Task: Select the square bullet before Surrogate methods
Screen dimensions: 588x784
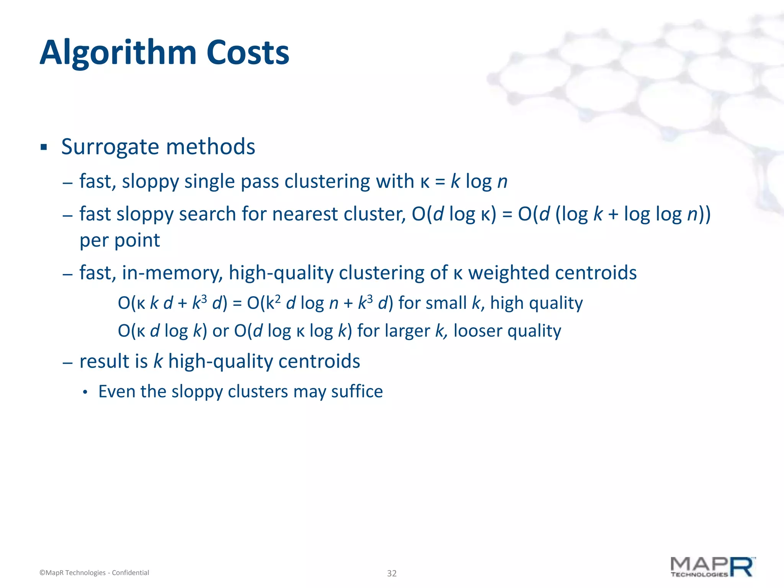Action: tap(44, 147)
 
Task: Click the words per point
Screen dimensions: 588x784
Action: tap(119, 240)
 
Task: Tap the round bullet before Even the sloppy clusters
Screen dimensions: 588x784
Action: tap(85, 392)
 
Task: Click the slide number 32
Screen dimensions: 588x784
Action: tap(392, 573)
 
